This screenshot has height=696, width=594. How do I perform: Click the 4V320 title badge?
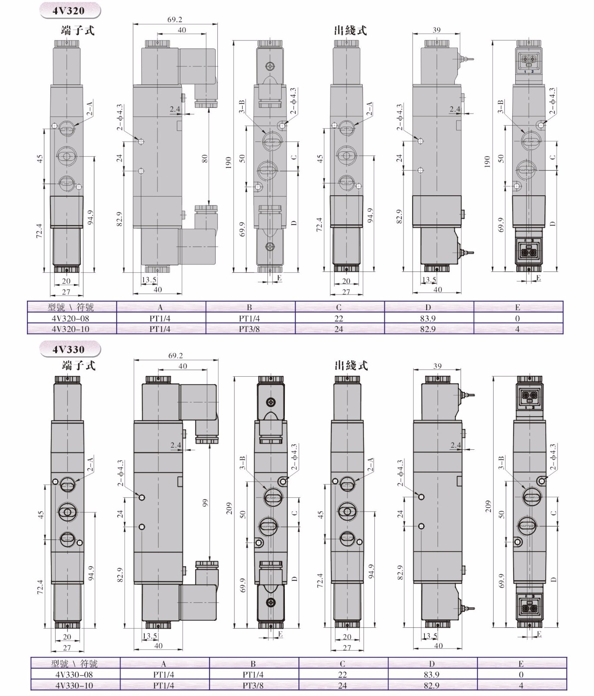pyautogui.click(x=70, y=10)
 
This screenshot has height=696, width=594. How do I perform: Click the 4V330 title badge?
pyautogui.click(x=70, y=349)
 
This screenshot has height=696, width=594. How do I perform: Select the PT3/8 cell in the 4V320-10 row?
pyautogui.click(x=249, y=329)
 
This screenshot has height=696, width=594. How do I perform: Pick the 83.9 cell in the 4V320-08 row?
pyautogui.click(x=428, y=318)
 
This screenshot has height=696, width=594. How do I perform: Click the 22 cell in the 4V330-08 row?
pyautogui.click(x=343, y=675)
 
